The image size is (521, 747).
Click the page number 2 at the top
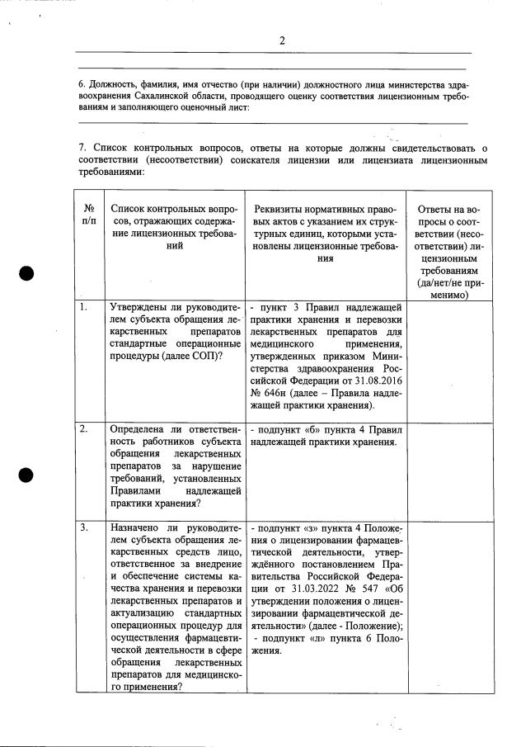[x=281, y=40]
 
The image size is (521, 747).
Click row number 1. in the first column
[x=84, y=308]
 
